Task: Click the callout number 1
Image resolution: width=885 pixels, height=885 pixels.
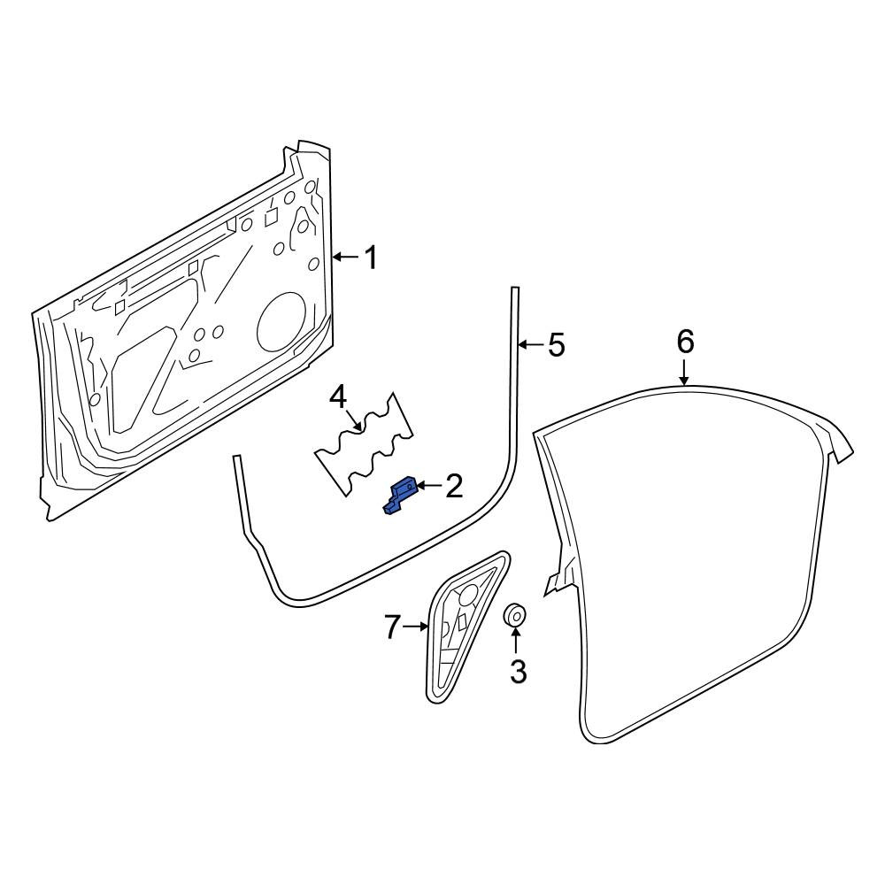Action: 370,258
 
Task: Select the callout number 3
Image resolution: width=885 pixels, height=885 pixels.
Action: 517,671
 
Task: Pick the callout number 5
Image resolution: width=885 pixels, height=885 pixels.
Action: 556,344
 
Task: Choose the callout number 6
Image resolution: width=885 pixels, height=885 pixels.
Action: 685,342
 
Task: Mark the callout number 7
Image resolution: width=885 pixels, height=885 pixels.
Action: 393,627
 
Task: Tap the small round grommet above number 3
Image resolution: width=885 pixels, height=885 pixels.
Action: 514,616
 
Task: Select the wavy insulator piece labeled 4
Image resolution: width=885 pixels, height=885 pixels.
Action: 364,444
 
